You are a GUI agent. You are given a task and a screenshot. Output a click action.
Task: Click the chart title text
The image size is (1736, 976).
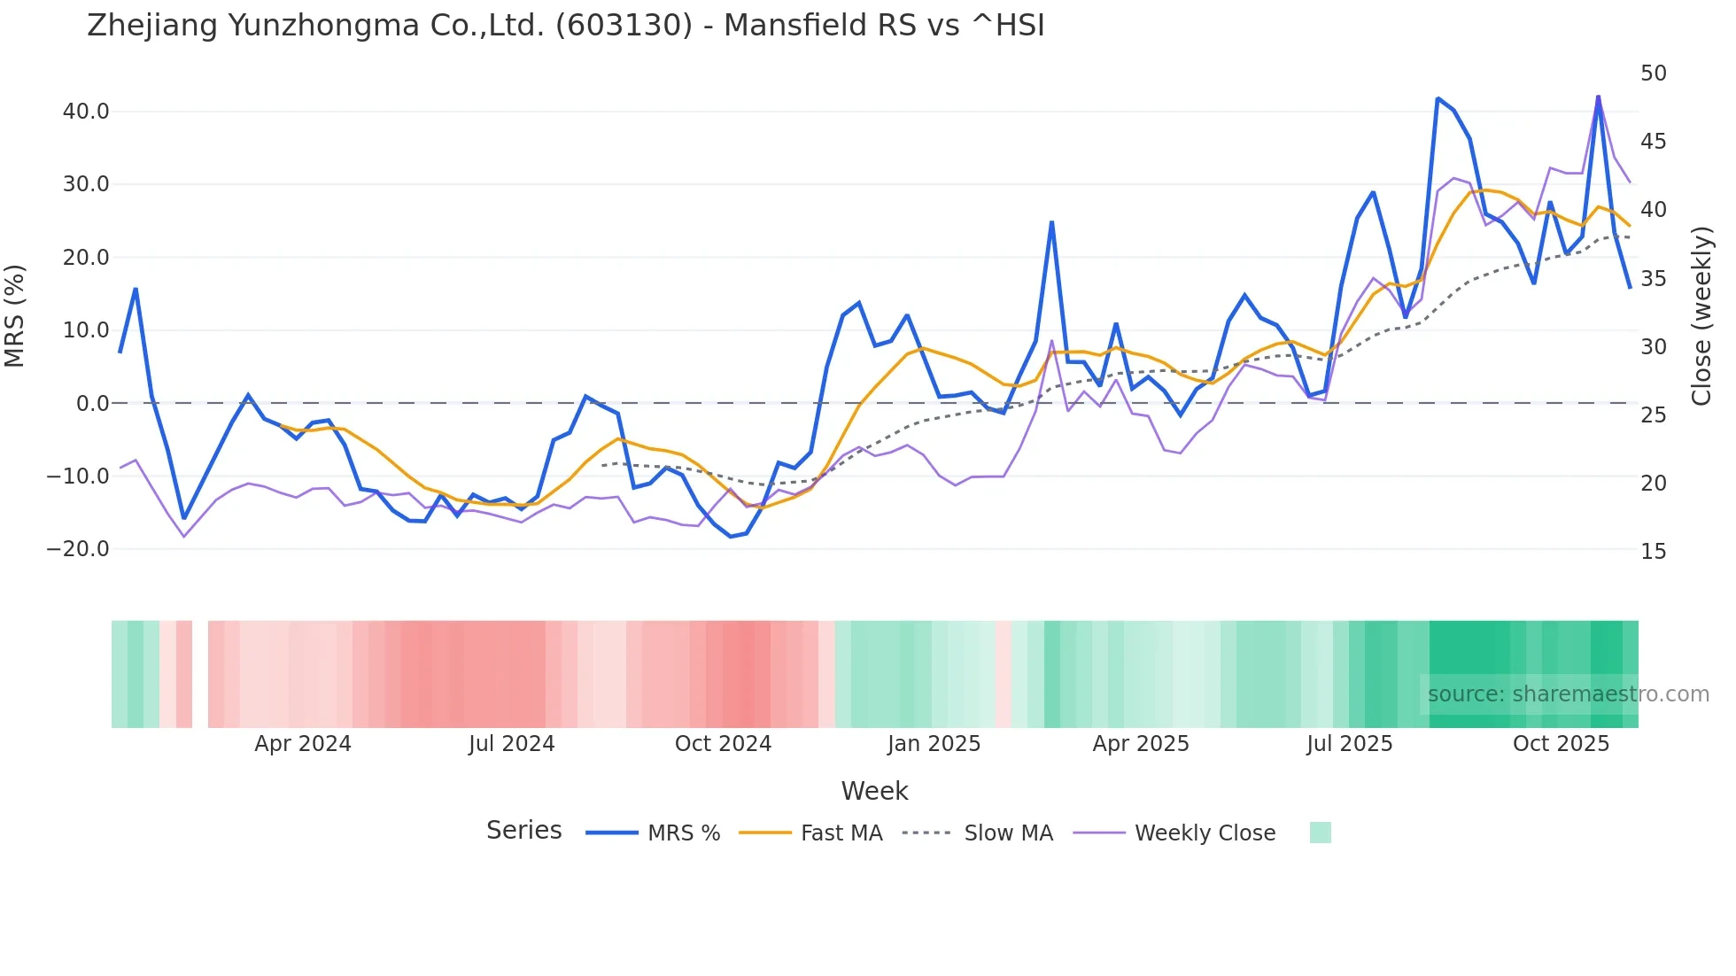[x=565, y=26]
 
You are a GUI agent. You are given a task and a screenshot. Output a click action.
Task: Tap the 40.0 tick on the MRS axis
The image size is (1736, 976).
[x=86, y=112]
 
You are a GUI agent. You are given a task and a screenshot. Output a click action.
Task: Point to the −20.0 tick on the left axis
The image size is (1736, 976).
[x=78, y=549]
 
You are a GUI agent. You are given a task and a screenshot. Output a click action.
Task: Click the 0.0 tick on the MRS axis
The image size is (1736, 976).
[x=92, y=404]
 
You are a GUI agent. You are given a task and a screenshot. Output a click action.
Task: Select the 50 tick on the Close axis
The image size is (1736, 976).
[x=1653, y=74]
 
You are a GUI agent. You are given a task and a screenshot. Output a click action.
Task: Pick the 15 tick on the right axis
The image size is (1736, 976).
[x=1653, y=552]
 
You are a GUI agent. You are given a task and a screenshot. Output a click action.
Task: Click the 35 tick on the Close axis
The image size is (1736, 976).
[x=1653, y=279]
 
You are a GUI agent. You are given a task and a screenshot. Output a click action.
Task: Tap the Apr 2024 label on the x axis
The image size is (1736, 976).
[x=303, y=744]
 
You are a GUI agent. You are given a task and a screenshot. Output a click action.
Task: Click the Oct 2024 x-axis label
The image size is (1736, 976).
[x=723, y=744]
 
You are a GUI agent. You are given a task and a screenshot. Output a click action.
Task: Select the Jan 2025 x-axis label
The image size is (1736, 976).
[x=934, y=744]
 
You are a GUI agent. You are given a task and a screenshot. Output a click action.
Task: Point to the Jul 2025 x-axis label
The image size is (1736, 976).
[x=1349, y=744]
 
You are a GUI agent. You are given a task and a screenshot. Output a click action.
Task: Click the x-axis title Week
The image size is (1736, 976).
[x=874, y=791]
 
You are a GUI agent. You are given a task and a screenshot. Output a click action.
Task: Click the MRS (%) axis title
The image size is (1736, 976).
[x=15, y=316]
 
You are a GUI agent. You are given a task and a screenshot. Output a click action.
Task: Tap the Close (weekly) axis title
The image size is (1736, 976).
[x=1701, y=316]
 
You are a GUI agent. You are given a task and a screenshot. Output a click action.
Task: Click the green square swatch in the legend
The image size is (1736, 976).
[x=1320, y=833]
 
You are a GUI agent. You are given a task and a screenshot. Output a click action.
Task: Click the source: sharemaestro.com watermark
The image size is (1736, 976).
[x=1568, y=694]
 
